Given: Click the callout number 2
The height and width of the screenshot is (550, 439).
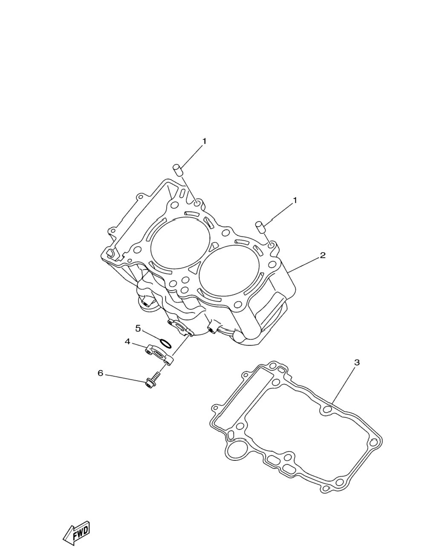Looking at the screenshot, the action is pos(323,255).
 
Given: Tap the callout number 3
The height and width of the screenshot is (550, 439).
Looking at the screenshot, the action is pos(357,362).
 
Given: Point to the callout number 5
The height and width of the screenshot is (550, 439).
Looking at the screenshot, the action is pos(138,328).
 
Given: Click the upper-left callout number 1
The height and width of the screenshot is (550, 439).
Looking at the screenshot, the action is pos(204,141).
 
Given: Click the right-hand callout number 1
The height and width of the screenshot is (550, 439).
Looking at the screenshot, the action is pos(295,201).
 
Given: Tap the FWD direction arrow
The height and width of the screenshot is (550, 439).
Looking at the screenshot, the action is pos(76,530).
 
